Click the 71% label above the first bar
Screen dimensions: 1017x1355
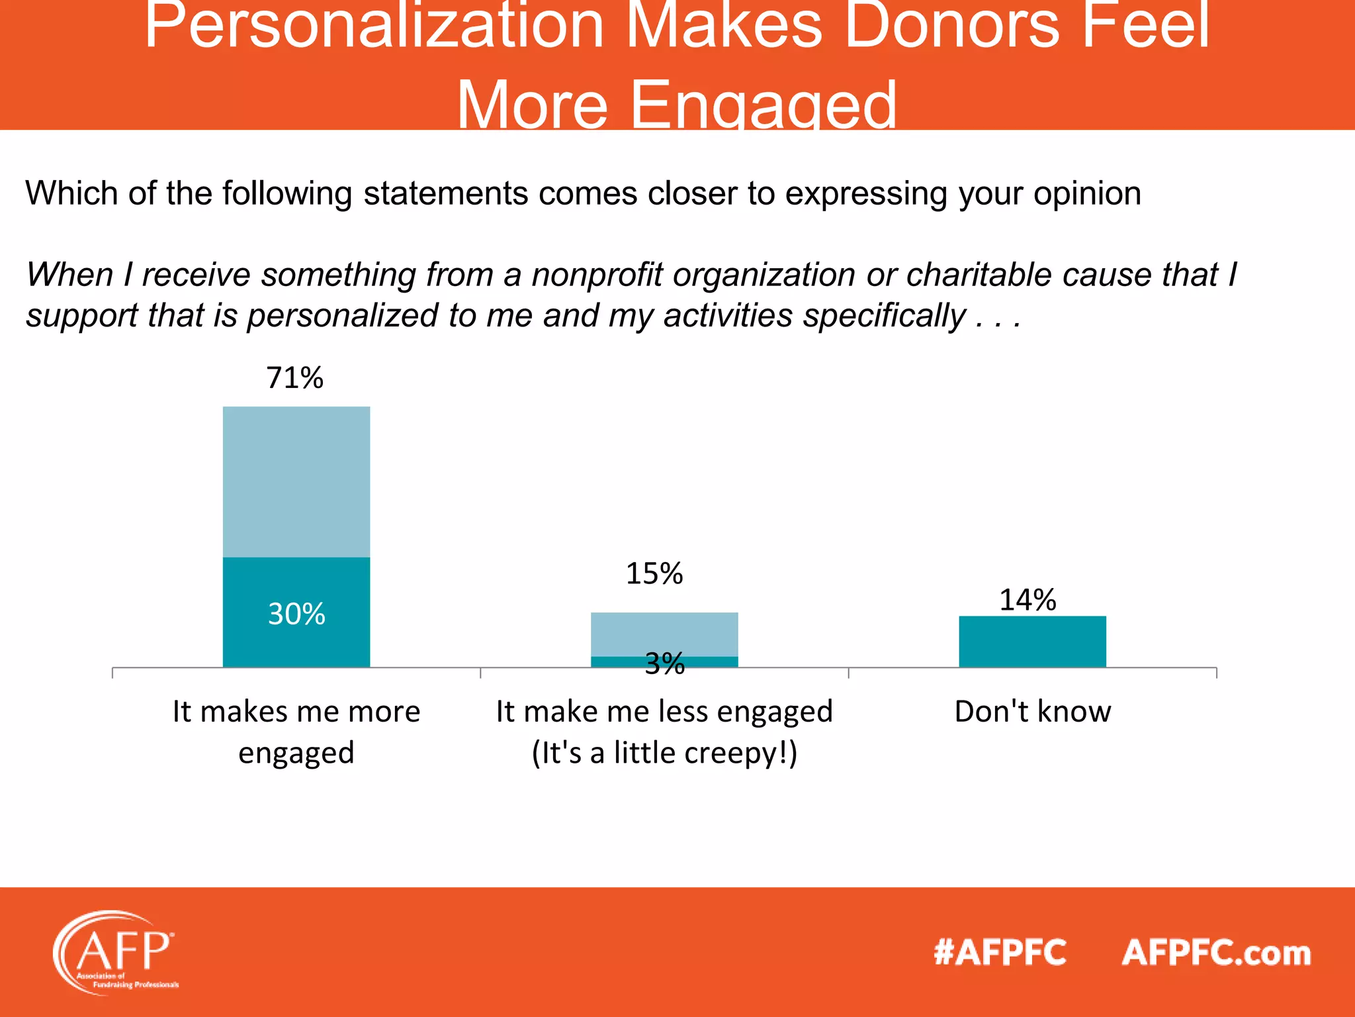coord(295,378)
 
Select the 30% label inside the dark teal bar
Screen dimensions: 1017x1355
coord(296,614)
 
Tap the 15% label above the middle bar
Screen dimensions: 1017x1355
coord(654,573)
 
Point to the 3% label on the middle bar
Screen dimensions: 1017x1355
coord(664,663)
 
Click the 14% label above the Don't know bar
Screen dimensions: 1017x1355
coord(1027,600)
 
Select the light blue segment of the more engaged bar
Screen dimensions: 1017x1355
coord(296,482)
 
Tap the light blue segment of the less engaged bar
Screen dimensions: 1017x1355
coord(664,634)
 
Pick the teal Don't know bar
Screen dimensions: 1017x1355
coord(1032,642)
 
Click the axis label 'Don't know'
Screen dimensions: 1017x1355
coord(1032,712)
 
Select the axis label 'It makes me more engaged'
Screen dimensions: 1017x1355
coord(296,732)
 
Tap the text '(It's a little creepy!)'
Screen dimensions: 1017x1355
coord(664,753)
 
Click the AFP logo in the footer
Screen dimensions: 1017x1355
coord(116,952)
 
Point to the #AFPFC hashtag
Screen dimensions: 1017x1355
coord(1000,953)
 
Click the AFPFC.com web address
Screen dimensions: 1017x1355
coord(1216,953)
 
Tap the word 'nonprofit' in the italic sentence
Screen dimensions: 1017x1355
coord(597,275)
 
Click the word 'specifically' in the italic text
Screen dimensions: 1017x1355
coord(884,315)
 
